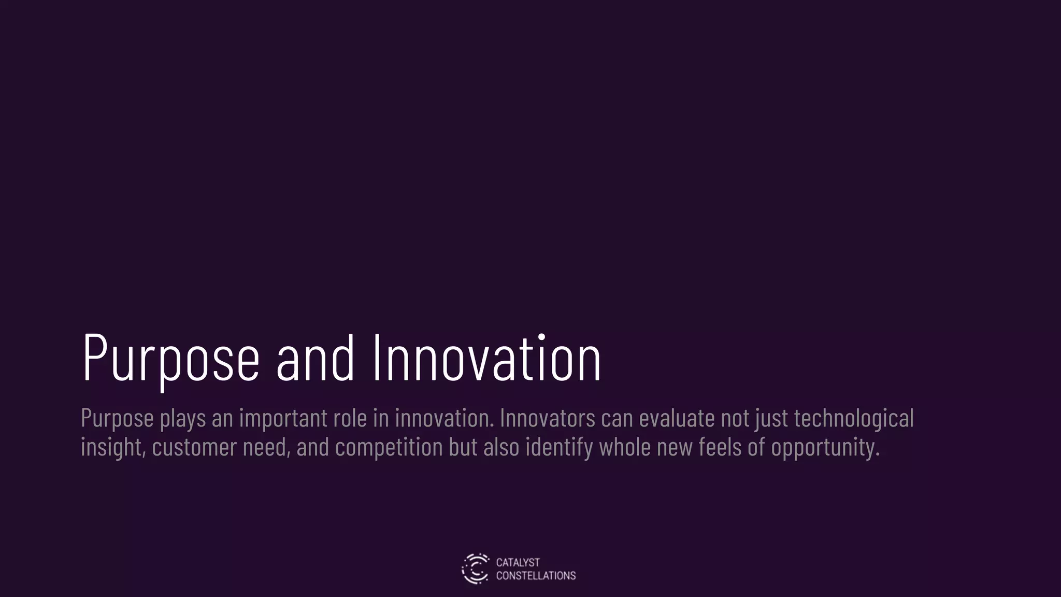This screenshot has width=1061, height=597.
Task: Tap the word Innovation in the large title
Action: click(x=486, y=358)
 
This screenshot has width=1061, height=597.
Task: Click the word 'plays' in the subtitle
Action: click(x=183, y=418)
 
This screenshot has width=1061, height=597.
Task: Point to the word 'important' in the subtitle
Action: click(x=283, y=418)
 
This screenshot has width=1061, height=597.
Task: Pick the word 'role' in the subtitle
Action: click(x=350, y=418)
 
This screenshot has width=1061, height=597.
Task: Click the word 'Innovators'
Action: click(x=548, y=418)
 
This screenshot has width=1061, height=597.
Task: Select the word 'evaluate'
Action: click(x=677, y=418)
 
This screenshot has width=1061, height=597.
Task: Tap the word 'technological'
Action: click(x=854, y=418)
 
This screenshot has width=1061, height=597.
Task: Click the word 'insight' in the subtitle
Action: click(x=112, y=447)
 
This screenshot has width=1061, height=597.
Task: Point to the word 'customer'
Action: click(x=194, y=447)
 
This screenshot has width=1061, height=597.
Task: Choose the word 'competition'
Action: click(x=389, y=447)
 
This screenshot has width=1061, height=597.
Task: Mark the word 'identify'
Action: click(x=559, y=447)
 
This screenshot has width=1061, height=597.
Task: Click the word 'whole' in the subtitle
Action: click(x=625, y=447)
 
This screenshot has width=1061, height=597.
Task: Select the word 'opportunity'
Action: click(x=825, y=447)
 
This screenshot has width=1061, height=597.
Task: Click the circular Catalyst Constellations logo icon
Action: click(x=475, y=568)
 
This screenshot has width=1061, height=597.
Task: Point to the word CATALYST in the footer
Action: click(x=518, y=562)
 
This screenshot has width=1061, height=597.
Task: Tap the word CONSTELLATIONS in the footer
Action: click(x=536, y=576)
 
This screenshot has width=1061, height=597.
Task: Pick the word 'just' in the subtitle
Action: click(x=771, y=419)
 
